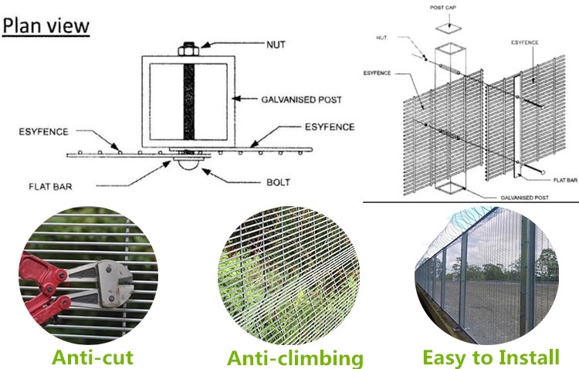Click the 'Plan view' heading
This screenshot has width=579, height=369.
pyautogui.click(x=46, y=26)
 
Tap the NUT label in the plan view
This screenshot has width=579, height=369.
pyautogui.click(x=276, y=45)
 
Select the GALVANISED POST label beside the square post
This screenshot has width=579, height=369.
pyautogui.click(x=301, y=100)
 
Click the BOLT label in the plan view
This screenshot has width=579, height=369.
pyautogui.click(x=278, y=182)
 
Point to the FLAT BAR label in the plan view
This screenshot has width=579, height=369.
pyautogui.click(x=50, y=187)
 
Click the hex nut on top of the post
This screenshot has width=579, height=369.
pyautogui.click(x=188, y=49)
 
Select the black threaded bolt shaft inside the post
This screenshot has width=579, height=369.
pyautogui.click(x=188, y=102)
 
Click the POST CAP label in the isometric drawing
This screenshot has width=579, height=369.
pyautogui.click(x=443, y=8)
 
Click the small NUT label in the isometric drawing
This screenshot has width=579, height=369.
pyautogui.click(x=381, y=38)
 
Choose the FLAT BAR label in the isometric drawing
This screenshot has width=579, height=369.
pyautogui.click(x=565, y=180)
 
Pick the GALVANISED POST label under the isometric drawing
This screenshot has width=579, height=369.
pyautogui.click(x=524, y=198)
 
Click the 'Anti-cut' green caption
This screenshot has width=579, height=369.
pyautogui.click(x=93, y=357)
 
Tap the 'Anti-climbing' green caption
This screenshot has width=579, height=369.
pyautogui.click(x=295, y=358)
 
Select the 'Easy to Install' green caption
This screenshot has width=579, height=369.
pyautogui.click(x=491, y=357)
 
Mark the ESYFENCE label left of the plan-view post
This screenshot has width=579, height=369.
pyautogui.click(x=43, y=132)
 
